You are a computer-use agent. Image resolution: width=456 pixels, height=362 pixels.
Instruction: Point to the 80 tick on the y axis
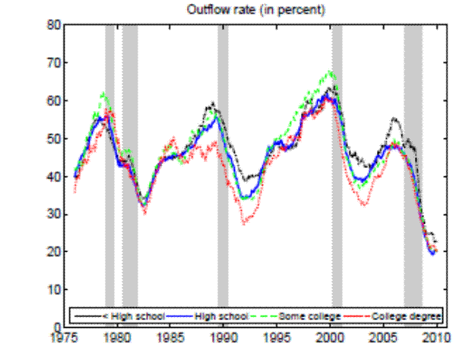point(53,25)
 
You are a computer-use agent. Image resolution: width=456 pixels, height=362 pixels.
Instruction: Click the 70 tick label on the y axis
point(53,63)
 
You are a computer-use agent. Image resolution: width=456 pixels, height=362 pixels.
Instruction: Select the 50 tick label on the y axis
point(53,138)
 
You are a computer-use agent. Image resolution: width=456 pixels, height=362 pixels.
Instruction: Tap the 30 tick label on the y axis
point(53,214)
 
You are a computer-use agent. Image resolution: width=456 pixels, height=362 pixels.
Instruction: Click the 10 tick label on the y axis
point(53,290)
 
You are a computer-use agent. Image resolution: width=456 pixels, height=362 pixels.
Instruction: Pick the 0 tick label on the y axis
point(56,327)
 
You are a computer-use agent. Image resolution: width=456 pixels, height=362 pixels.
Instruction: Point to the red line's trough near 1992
point(244,224)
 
